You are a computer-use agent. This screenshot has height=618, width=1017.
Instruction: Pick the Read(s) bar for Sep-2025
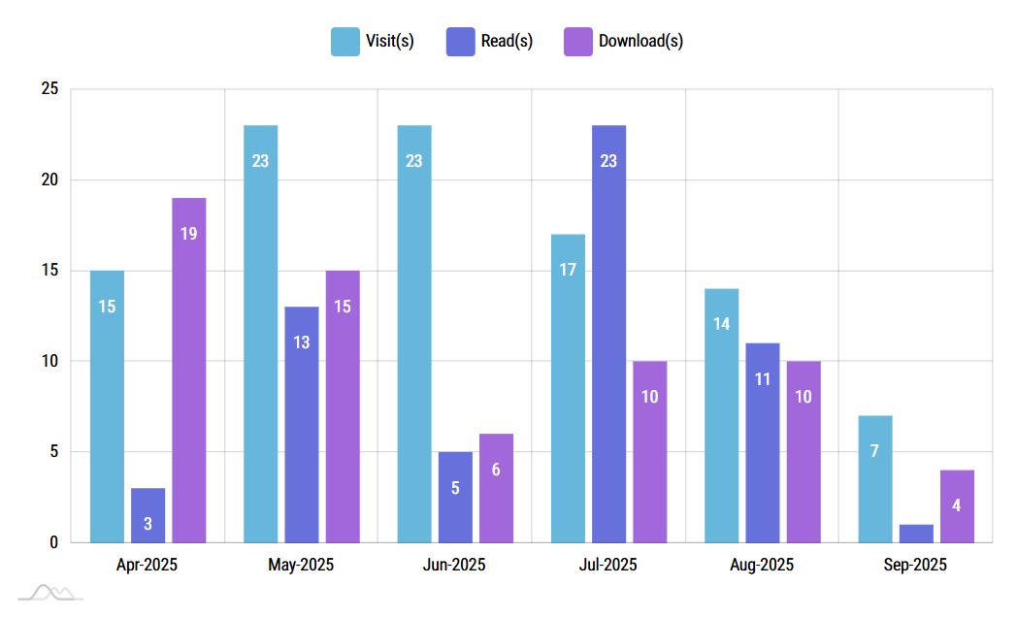click(x=915, y=534)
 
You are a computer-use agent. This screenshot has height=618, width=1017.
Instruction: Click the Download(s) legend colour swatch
click(x=577, y=41)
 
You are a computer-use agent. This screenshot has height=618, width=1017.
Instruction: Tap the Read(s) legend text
click(x=507, y=41)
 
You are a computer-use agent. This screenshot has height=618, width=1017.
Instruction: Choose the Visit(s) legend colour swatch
click(x=344, y=41)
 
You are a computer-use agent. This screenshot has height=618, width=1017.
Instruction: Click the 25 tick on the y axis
click(x=49, y=89)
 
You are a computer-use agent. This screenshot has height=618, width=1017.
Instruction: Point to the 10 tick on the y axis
click(x=49, y=361)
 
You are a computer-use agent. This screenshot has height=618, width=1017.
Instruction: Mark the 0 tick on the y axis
click(x=53, y=542)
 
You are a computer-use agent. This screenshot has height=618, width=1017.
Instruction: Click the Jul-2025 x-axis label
click(x=608, y=565)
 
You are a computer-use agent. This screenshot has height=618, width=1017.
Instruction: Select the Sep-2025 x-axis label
click(x=915, y=565)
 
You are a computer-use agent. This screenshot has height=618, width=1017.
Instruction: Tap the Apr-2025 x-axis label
click(x=148, y=565)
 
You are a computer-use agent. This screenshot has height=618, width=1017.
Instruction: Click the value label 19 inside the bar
click(x=188, y=233)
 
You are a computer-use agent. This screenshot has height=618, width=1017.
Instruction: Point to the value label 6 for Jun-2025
click(x=496, y=470)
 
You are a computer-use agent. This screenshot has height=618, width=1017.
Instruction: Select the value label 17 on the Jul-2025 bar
click(x=568, y=270)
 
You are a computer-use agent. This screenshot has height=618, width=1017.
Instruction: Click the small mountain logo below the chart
click(x=50, y=592)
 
